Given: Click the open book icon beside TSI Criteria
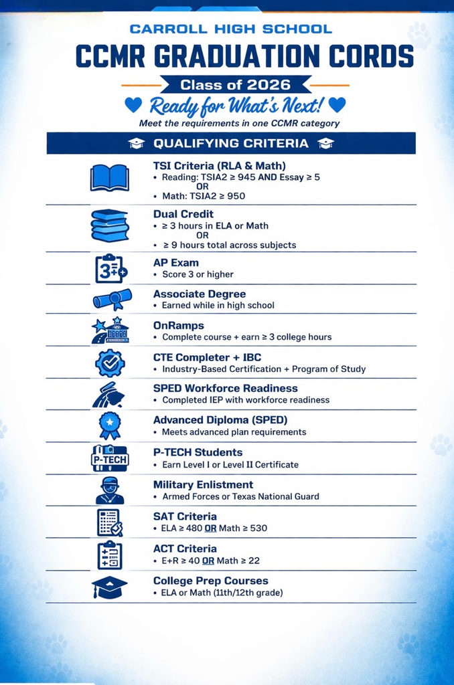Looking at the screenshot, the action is point(109,178).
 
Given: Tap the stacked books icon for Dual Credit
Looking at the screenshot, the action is point(110,225).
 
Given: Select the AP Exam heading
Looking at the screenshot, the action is point(175,262).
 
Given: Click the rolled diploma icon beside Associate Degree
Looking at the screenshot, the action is point(112,299).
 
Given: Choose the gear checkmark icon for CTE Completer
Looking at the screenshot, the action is point(109,363).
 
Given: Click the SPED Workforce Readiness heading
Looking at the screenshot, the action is point(225,388).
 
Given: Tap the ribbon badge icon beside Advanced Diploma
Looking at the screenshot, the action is point(109,425).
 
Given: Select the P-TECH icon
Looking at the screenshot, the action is point(109,458).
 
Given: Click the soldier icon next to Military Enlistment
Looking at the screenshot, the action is point(109,490).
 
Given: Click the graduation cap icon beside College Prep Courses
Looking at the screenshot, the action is point(109,587).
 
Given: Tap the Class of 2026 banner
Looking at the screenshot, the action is point(235,85).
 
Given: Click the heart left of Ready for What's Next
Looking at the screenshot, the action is point(134,105).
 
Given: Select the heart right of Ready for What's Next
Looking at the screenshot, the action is point(337,105).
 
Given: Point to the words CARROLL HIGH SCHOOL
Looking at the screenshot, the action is point(231,29).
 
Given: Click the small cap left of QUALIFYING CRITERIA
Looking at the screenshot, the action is point(137,143).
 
